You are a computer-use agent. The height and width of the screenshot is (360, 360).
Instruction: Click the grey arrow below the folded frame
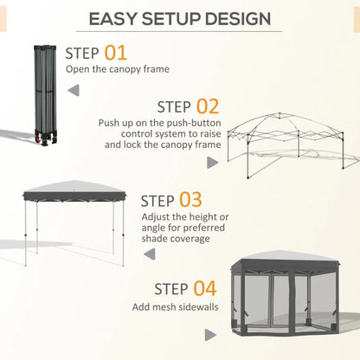73,90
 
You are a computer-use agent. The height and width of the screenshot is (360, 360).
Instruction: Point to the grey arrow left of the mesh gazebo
209,333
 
